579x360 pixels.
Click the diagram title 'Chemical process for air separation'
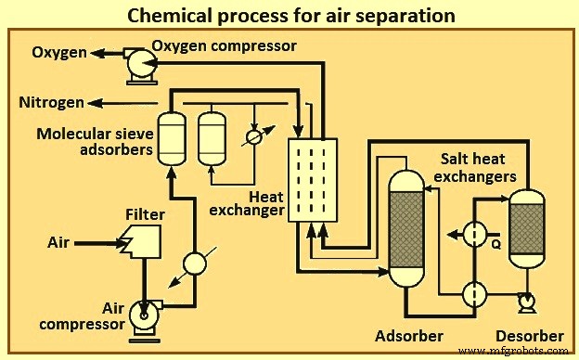point(289,16)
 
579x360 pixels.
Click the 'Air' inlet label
point(58,243)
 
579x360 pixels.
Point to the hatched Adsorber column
point(405,229)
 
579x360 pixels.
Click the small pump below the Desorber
point(525,300)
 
